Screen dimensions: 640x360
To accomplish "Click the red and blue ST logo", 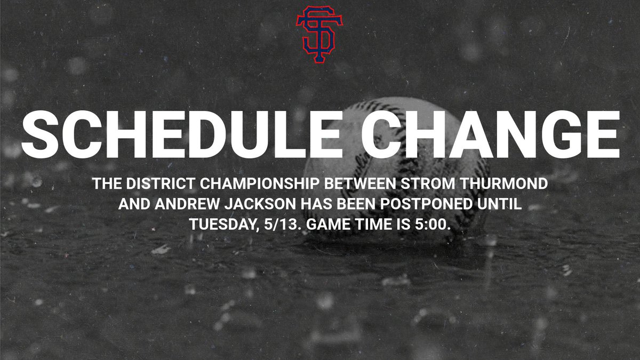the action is pos(319,34).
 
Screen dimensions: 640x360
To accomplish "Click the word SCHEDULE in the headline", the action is pos(182,134).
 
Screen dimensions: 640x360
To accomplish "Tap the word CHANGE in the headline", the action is pos(490,134).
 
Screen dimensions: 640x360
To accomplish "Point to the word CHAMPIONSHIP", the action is pos(259,183).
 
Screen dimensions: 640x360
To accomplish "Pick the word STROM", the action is pos(427,183).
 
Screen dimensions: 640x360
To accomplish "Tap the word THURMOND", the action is pos(503,183).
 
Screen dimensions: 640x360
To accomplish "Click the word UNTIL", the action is pos(499,204).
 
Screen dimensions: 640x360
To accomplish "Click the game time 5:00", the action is pos(433,225).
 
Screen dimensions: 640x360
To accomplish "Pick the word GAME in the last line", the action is pos(329,225).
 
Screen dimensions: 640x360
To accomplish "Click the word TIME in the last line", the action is pos(373,225).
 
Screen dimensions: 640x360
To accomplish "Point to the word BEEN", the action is pos(356,204).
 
